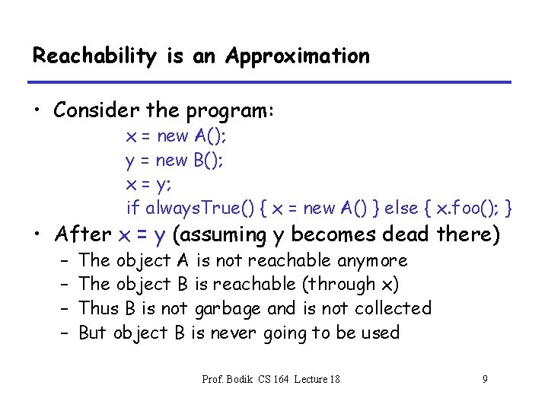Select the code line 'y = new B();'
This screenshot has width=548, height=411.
pos(174,160)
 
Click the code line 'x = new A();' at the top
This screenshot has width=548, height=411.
pos(176,136)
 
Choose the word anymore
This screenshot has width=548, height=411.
pos(373,260)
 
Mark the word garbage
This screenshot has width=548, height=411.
pos(226,308)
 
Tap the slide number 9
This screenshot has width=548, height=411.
pos(485,378)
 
